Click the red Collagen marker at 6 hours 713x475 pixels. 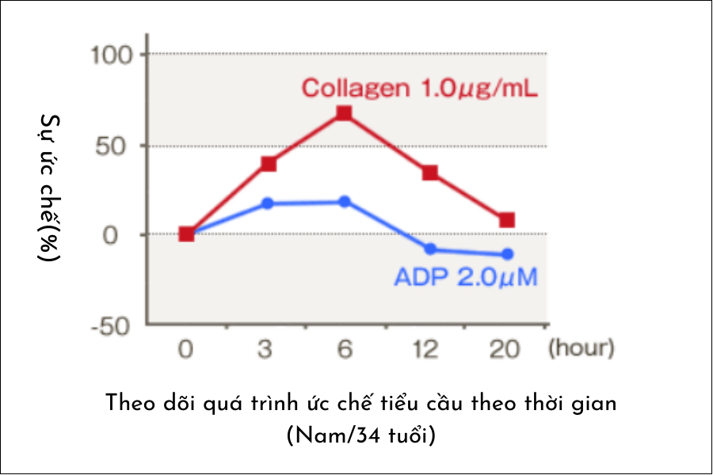click(344, 113)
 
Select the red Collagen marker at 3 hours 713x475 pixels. click(268, 164)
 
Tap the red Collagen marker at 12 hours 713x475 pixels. click(430, 173)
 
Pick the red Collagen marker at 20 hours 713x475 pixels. click(507, 220)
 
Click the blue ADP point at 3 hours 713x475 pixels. click(268, 203)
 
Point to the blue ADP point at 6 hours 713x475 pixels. click(344, 201)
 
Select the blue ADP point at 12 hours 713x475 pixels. click(430, 249)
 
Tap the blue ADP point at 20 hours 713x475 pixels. click(507, 254)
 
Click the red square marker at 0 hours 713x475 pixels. click(186, 234)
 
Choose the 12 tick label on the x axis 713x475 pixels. click(426, 349)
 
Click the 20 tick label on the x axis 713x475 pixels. click(506, 349)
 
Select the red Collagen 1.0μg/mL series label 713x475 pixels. click(420, 87)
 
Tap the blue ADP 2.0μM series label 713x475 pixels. click(465, 278)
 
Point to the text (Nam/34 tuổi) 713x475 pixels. click(360, 435)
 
